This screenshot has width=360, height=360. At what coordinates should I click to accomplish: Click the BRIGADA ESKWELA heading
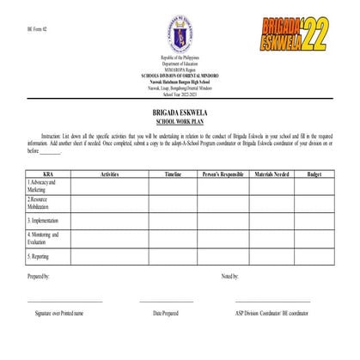pyautogui.click(x=180, y=113)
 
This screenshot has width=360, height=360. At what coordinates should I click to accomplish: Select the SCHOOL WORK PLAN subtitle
pyautogui.click(x=180, y=121)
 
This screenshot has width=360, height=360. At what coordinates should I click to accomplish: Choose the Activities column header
pyautogui.click(x=109, y=174)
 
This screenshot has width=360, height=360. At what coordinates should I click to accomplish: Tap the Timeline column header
pyautogui.click(x=172, y=174)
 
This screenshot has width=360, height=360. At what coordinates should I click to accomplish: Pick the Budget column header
pyautogui.click(x=314, y=174)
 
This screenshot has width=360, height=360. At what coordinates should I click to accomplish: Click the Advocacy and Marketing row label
pyautogui.click(x=42, y=186)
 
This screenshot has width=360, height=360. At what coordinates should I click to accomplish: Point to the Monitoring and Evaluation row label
pyautogui.click(x=43, y=238)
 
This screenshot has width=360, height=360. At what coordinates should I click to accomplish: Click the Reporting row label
pyautogui.click(x=40, y=256)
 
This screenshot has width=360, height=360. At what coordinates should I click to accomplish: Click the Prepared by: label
pyautogui.click(x=39, y=277)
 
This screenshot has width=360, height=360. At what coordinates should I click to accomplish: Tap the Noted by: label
pyautogui.click(x=230, y=277)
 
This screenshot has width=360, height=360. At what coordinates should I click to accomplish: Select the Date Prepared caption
pyautogui.click(x=166, y=314)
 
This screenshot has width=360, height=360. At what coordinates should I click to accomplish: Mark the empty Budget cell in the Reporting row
pyautogui.click(x=314, y=256)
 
